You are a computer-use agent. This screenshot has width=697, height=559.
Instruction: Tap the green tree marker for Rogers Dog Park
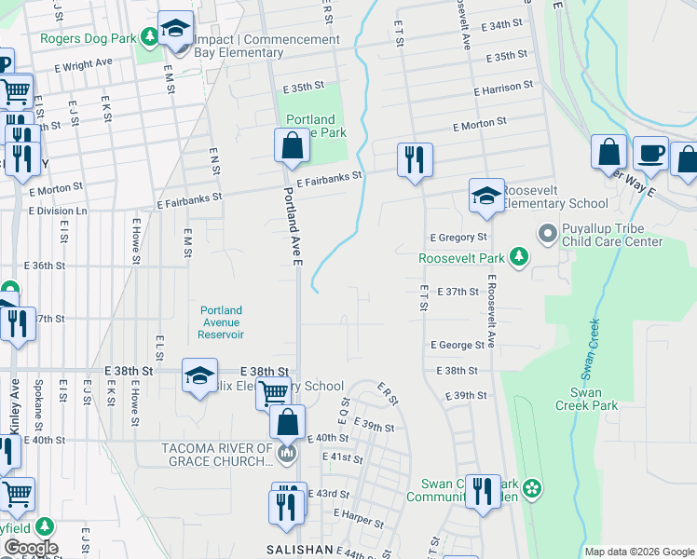coord(149,37)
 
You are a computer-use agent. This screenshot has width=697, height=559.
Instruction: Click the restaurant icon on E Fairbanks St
coord(413,159)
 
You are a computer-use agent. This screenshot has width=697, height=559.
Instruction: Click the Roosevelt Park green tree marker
coord(520,257)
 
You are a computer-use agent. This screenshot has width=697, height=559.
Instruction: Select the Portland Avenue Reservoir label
coord(222,322)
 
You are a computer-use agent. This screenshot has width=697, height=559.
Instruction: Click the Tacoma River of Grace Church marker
coord(286,455)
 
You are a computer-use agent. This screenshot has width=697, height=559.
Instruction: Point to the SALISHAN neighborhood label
coord(300,551)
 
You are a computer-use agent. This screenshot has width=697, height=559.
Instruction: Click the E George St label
coord(458,345)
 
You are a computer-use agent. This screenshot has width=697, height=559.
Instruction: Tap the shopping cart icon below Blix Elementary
coord(273,393)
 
